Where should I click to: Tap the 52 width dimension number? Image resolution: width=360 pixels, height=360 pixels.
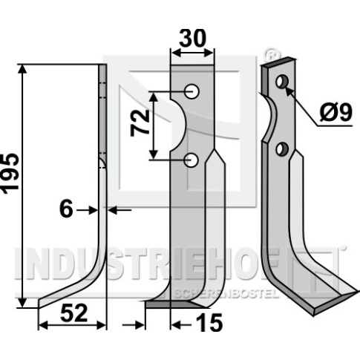click(x=73, y=313)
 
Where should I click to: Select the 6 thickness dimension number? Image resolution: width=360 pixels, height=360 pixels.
click(x=66, y=209)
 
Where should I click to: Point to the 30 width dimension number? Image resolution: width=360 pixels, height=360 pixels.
click(x=192, y=38)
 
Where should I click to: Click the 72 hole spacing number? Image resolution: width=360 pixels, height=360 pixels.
click(x=140, y=123)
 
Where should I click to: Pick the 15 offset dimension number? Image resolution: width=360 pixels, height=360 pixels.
click(x=209, y=323)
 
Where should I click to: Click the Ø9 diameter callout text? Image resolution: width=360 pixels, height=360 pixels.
click(x=336, y=113)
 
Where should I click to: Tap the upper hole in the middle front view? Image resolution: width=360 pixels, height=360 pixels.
click(x=192, y=92)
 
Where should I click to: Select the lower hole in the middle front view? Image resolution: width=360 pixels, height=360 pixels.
click(x=192, y=160)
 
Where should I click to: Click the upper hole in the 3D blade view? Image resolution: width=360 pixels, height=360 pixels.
click(x=282, y=82)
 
